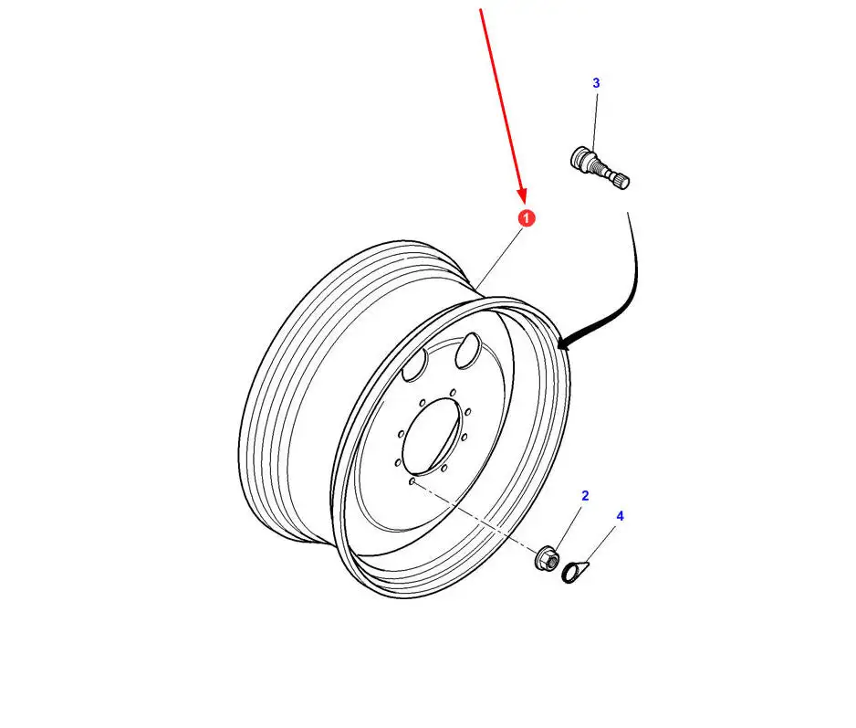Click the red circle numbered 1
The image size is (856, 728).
coord(526,218)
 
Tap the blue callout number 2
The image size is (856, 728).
coord(585,496)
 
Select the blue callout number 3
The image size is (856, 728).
coord(596,83)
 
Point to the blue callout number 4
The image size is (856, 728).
coord(620,516)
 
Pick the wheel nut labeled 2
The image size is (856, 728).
coord(546,556)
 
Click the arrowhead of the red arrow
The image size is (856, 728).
coord(523,195)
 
